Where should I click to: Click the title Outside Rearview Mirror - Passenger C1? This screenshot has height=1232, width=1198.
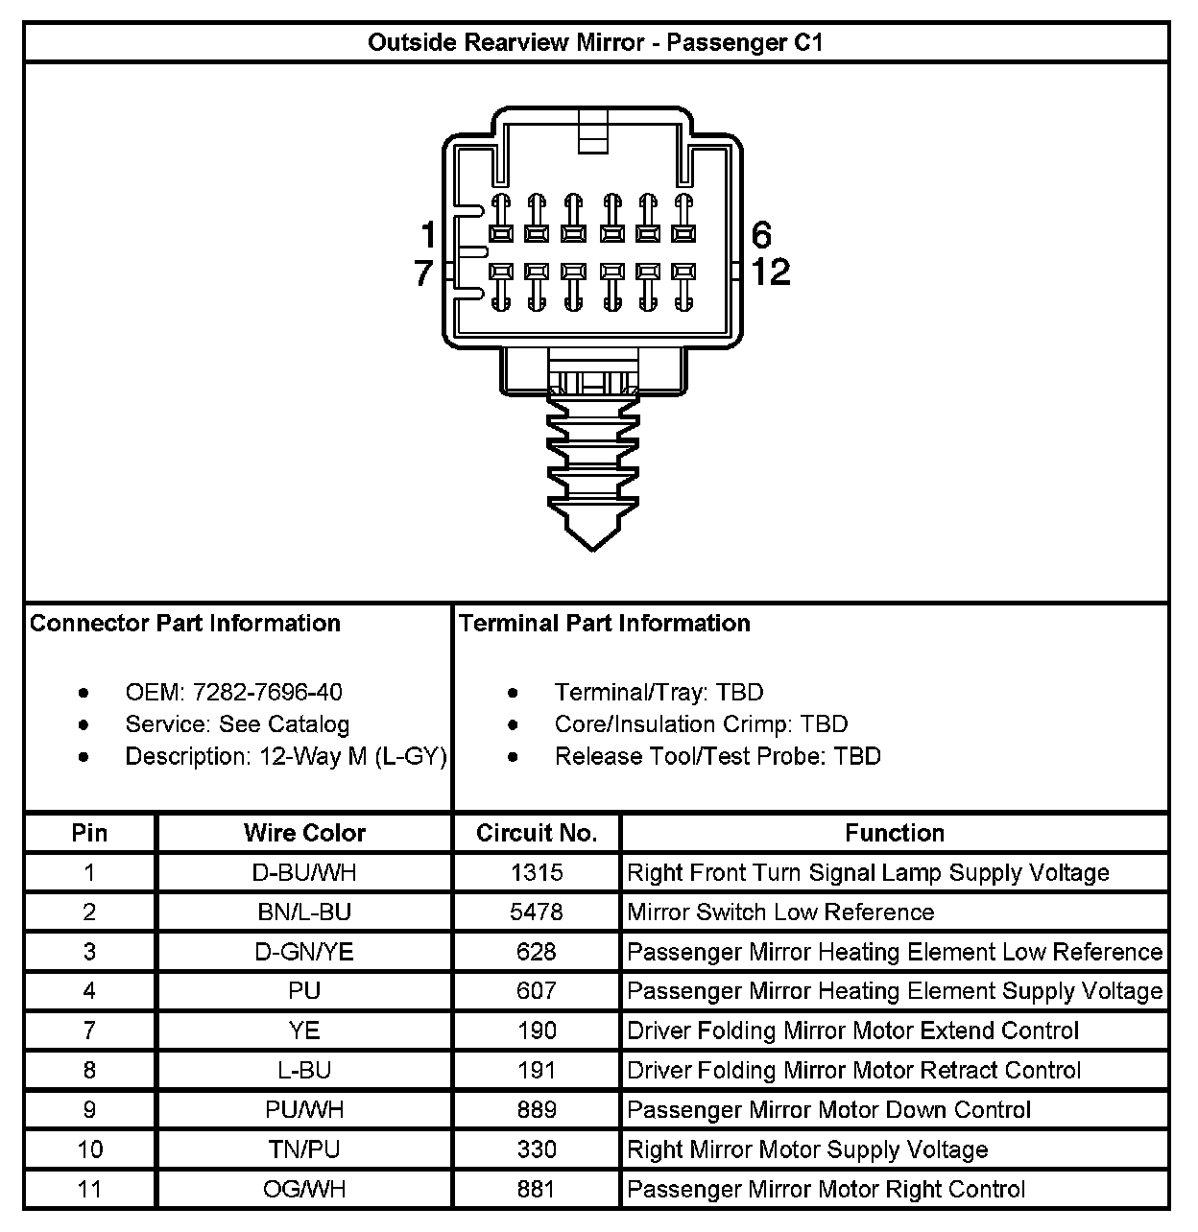point(595,43)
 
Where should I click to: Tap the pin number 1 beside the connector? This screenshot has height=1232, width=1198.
point(428,235)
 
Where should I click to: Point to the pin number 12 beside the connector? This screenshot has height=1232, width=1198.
point(770,272)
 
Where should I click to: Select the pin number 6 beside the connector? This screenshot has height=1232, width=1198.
point(761,235)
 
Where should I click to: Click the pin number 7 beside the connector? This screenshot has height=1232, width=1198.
point(424,273)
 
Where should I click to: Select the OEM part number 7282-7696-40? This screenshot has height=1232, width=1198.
point(267,692)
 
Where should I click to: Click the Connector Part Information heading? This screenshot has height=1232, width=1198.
point(185,624)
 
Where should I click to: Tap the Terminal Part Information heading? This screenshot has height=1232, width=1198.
point(605,624)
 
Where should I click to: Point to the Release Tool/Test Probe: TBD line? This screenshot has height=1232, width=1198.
point(717,756)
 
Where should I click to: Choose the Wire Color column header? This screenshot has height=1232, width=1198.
point(304,833)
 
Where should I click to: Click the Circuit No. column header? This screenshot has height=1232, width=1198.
point(537,833)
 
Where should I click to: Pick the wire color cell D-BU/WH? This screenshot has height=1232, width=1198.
point(304,873)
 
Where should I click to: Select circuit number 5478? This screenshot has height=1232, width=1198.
point(537,912)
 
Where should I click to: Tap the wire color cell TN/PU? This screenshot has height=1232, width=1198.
point(304,1149)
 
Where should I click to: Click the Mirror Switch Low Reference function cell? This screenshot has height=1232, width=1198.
point(779,912)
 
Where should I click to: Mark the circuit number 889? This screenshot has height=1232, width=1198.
point(537,1110)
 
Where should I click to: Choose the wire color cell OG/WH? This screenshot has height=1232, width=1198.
point(304,1190)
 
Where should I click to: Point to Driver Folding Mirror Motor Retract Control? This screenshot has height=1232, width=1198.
point(853,1071)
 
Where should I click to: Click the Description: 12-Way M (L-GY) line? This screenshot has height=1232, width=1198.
point(285,756)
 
